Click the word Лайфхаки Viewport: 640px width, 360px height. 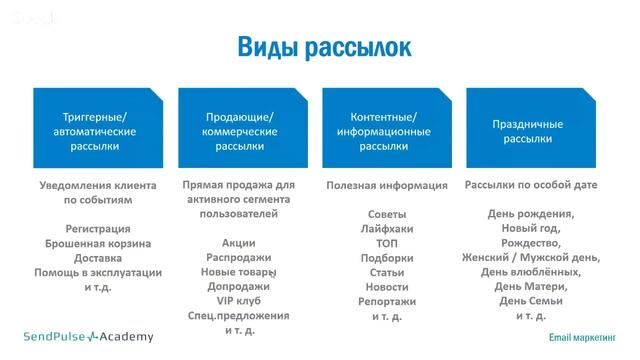tap(386, 228)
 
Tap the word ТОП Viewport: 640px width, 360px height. tap(386, 243)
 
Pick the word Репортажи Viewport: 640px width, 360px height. tap(386, 301)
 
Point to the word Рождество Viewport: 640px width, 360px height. tap(530, 243)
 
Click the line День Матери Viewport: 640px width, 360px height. tap(530, 287)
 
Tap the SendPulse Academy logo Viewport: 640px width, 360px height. tap(89, 336)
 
